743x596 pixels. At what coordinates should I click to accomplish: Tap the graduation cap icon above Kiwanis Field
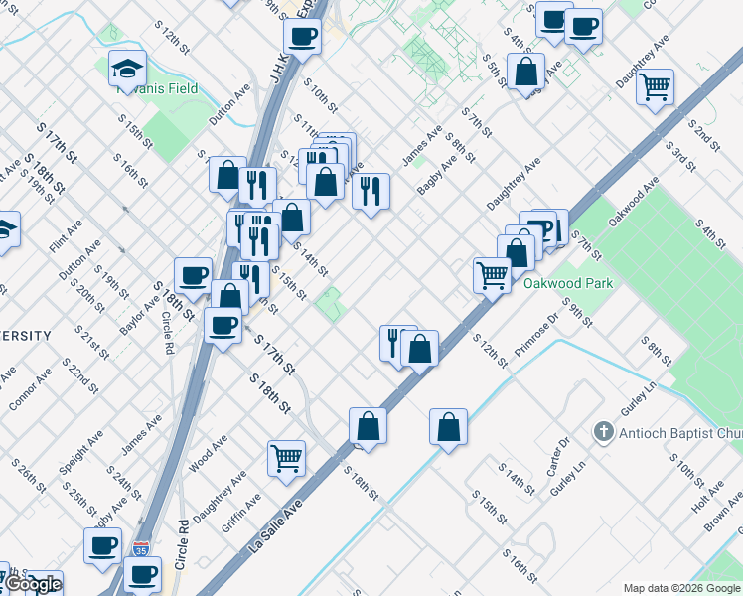(x=127, y=68)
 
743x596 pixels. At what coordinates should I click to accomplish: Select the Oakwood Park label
(x=568, y=283)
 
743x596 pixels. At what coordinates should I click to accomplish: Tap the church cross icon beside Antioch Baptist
(x=602, y=432)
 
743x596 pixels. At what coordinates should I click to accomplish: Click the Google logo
(x=32, y=584)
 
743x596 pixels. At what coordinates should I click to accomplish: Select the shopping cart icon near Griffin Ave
(x=286, y=458)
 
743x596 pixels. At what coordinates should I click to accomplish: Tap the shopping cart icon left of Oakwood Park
(x=492, y=274)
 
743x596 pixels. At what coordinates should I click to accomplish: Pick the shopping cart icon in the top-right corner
(x=656, y=86)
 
